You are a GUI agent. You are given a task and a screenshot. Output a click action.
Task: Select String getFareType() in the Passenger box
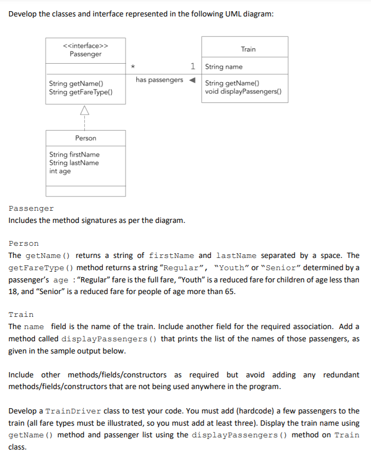pos(80,92)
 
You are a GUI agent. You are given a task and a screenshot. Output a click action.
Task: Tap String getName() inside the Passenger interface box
pos(76,84)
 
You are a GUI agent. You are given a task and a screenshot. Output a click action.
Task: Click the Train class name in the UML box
pos(248,49)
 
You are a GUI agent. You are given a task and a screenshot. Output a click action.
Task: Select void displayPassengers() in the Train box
pos(243,91)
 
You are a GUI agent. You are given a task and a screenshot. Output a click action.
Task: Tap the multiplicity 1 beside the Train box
pos(193,66)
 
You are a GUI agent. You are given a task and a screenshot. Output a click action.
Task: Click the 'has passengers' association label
pos(159,80)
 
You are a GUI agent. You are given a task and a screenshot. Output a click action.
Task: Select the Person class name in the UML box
pos(85,138)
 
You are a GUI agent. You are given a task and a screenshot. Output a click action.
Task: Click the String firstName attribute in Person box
pos(74,154)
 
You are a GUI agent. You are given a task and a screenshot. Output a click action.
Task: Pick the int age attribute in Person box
pos(60,171)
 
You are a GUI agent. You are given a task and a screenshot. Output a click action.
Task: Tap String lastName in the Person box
pos(74,163)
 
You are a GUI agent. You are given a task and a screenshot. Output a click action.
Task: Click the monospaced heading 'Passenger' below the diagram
pos(31,209)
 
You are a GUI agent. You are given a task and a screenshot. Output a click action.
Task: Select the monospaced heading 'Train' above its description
pos(21,315)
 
